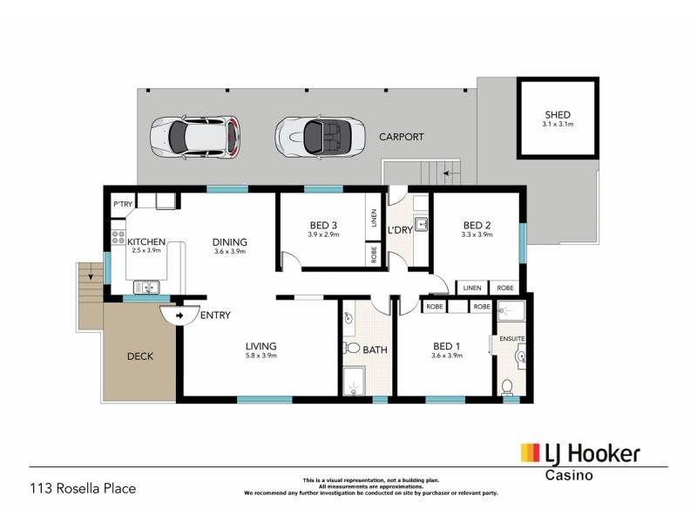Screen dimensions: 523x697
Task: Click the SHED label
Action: [558, 114]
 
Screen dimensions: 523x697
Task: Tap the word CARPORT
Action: [401, 138]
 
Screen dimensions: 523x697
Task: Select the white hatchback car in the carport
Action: [194, 135]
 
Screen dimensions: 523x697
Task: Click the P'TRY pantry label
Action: [121, 205]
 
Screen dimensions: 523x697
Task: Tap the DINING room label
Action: [230, 242]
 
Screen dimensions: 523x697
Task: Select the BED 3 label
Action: [321, 224]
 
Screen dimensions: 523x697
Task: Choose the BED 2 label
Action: [477, 224]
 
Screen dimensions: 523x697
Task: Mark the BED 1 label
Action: [446, 345]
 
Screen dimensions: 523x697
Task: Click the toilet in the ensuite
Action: [507, 386]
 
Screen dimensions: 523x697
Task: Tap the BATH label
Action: [376, 350]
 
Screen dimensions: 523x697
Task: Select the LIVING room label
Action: [260, 345]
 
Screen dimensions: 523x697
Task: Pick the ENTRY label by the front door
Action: [215, 315]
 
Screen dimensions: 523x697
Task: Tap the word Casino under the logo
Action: [569, 476]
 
